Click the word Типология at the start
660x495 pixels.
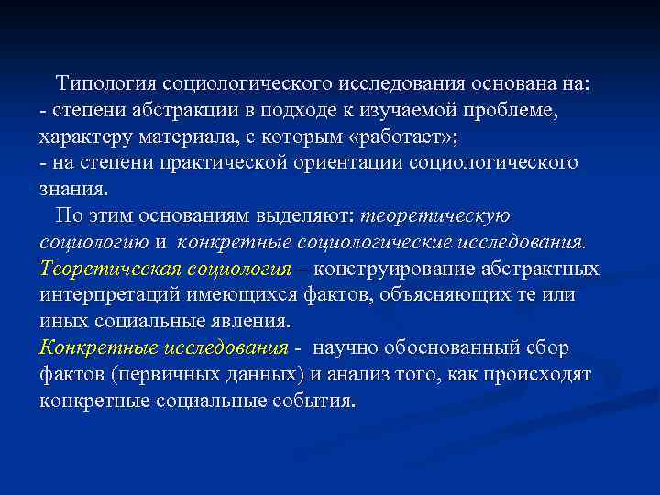tap(105, 84)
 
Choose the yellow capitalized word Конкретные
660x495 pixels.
tap(97, 349)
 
